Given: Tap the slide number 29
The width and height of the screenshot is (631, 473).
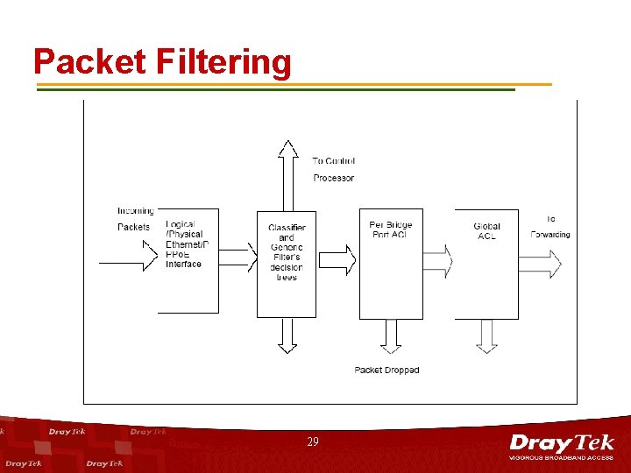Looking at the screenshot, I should pyautogui.click(x=313, y=442).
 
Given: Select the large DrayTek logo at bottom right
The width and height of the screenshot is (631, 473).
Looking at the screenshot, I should pyautogui.click(x=562, y=445).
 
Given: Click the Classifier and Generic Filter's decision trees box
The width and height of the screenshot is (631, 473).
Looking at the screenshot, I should pyautogui.click(x=287, y=263).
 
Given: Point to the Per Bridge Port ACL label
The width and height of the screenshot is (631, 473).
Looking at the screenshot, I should pyautogui.click(x=391, y=229).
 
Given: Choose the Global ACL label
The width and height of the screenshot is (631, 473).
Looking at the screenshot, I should pyautogui.click(x=486, y=231).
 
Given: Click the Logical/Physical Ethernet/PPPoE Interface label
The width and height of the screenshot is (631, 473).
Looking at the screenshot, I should pyautogui.click(x=186, y=244).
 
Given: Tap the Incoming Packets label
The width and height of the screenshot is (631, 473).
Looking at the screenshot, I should pyautogui.click(x=135, y=219).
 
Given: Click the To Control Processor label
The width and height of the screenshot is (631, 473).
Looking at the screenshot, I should pyautogui.click(x=333, y=169).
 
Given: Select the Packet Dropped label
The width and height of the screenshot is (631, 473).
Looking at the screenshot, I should pyautogui.click(x=386, y=371).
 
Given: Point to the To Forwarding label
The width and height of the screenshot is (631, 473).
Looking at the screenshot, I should pyautogui.click(x=550, y=226).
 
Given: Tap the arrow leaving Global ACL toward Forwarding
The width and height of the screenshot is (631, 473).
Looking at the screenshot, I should pyautogui.click(x=541, y=262).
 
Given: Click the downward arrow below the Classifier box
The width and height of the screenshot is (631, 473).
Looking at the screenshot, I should pyautogui.click(x=287, y=335).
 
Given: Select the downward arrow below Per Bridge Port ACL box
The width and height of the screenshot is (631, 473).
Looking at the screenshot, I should pyautogui.click(x=391, y=335).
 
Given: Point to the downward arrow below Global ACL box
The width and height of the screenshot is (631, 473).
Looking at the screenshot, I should pyautogui.click(x=486, y=335).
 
